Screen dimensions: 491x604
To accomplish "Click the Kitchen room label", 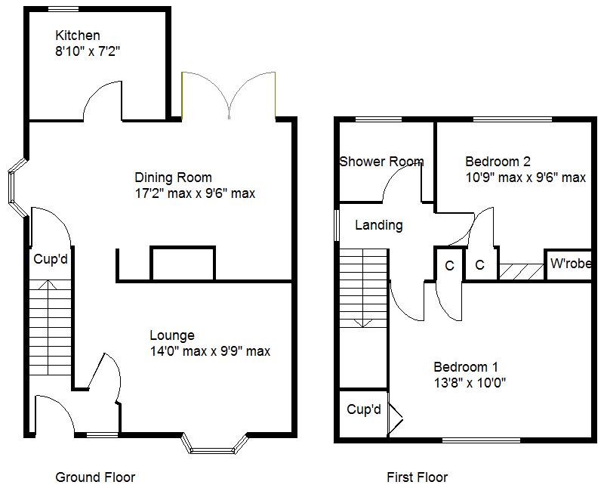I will pyautogui.click(x=77, y=36).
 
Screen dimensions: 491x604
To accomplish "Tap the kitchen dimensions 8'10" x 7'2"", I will pyautogui.click(x=88, y=52).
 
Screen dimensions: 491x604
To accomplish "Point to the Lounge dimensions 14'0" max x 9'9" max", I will pyautogui.click(x=209, y=351).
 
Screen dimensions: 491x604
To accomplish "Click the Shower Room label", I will pyautogui.click(x=381, y=162).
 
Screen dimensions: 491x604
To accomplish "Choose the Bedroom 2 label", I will pyautogui.click(x=498, y=161).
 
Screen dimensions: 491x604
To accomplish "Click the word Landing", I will pyautogui.click(x=378, y=225).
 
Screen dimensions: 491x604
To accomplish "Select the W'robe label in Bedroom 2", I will pyautogui.click(x=570, y=264).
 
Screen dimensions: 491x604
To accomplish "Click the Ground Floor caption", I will pyautogui.click(x=95, y=477).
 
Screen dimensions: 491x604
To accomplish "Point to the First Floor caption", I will pyautogui.click(x=417, y=477).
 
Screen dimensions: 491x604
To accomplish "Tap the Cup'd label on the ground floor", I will pyautogui.click(x=51, y=259).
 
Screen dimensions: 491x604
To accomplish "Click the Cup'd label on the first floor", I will pyautogui.click(x=364, y=410).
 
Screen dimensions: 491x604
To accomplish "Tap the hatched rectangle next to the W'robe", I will pyautogui.click(x=522, y=271).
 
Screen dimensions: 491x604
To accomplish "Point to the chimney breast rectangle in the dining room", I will pyautogui.click(x=183, y=264).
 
